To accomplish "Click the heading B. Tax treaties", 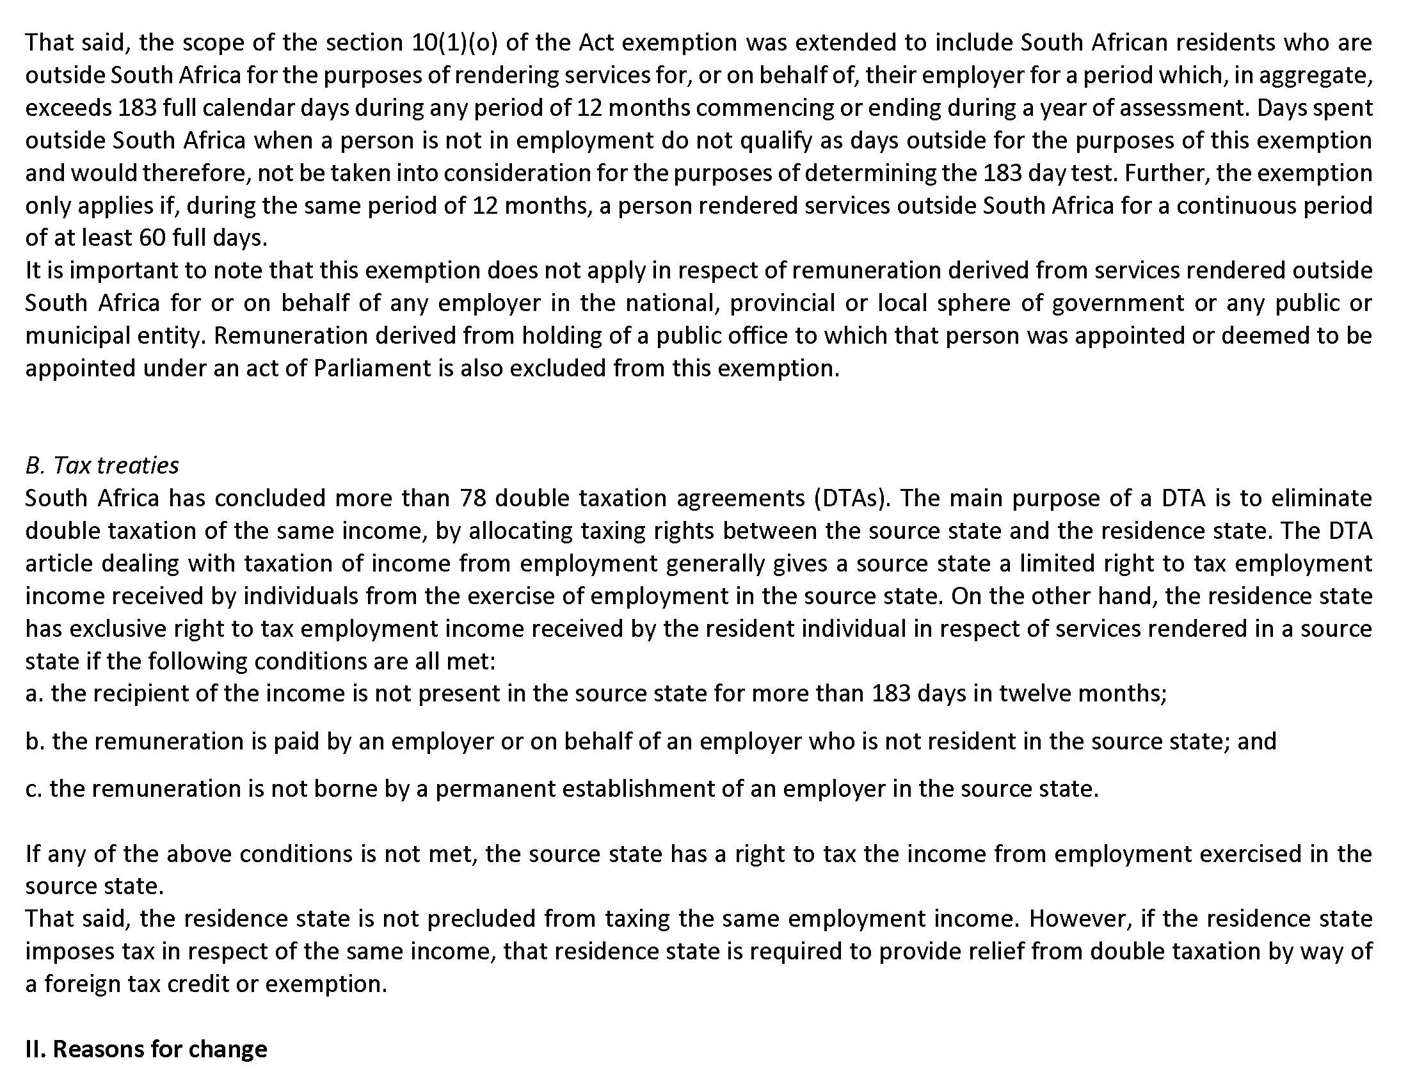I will pos(102,465).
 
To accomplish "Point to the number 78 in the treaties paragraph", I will pos(472,498).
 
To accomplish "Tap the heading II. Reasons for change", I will pos(146,1049).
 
